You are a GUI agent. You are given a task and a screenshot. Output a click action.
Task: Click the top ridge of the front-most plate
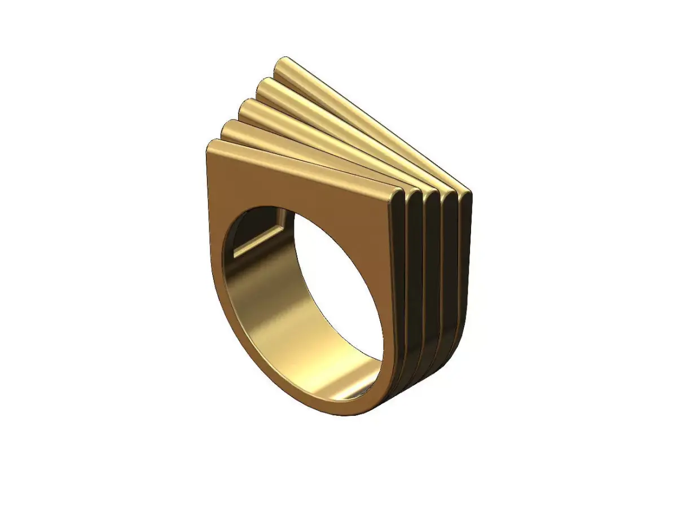(x=305, y=166)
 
